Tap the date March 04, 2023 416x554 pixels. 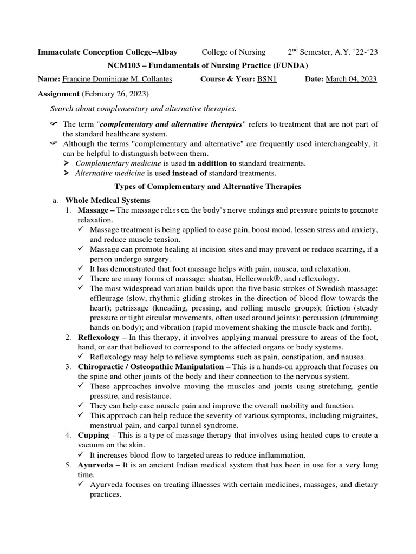351,79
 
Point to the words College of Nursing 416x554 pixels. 233,52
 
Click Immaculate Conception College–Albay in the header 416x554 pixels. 107,52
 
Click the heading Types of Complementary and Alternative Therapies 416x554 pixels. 208,187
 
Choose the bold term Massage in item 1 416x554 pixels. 93,210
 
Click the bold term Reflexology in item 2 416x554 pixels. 99,337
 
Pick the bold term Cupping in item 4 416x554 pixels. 93,435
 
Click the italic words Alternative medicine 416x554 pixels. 108,173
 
